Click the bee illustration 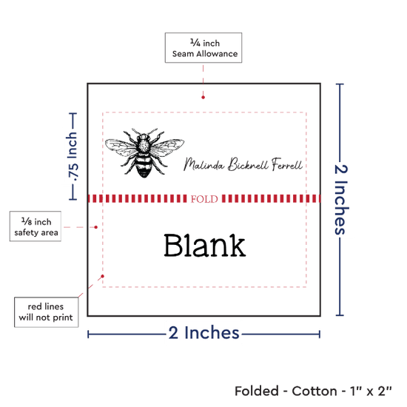click(x=144, y=152)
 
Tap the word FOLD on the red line click(x=204, y=199)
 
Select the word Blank click(x=204, y=245)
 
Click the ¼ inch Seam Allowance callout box click(x=203, y=48)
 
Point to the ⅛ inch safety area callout click(x=36, y=226)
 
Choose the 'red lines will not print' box click(x=46, y=312)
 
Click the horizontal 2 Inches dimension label click(x=204, y=332)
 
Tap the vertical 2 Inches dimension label click(x=341, y=200)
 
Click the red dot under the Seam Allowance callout click(x=203, y=98)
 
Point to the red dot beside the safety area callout click(x=95, y=227)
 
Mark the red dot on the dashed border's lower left click(x=103, y=276)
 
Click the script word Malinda click(x=203, y=164)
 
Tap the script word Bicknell click(x=248, y=164)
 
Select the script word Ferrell click(x=287, y=164)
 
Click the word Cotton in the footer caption click(x=314, y=391)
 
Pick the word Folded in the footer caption click(x=257, y=391)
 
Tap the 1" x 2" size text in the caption click(x=371, y=391)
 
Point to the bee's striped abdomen click(x=144, y=166)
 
